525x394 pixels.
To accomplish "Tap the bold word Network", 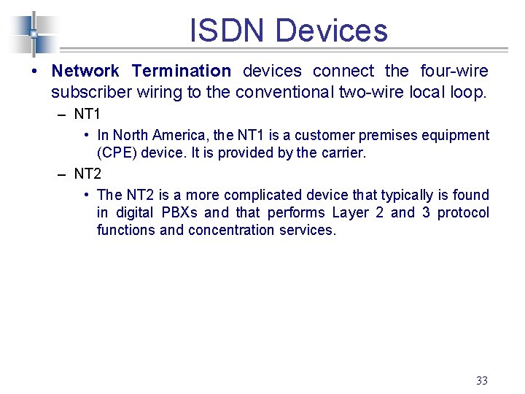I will coord(85,72).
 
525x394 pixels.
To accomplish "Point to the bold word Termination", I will coord(181,72).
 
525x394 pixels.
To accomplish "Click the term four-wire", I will coord(454,72).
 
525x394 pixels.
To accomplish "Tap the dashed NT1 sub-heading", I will coord(87,115).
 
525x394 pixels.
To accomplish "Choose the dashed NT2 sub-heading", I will coord(87,174).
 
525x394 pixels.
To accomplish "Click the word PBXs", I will coord(179,213).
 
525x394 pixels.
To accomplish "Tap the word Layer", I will coord(350,213).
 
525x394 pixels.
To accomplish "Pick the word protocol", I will coord(463,213).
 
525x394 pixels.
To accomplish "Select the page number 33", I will coord(481,380).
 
